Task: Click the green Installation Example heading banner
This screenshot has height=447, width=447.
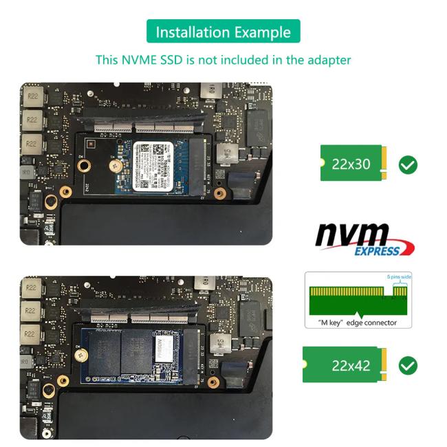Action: coord(223,32)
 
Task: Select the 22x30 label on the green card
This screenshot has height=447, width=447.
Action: coord(351,164)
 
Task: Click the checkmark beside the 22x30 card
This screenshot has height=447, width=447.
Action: coord(408,165)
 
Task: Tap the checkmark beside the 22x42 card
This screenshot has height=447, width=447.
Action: coord(408,365)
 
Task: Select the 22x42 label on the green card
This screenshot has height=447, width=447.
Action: coord(351,365)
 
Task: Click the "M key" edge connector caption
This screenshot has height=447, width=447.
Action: coord(358,323)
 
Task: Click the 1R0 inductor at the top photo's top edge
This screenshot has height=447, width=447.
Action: coord(206,91)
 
